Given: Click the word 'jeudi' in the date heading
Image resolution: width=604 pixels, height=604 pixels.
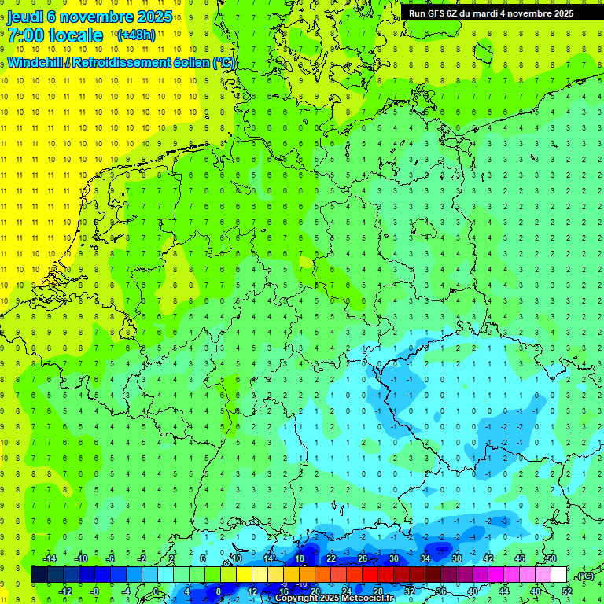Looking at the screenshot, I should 26,17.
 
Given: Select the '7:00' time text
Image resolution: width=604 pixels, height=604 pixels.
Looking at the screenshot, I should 26,35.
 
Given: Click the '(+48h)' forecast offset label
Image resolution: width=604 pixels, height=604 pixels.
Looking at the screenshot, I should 135,35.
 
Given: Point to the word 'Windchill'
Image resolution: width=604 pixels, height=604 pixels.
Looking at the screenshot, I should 37,63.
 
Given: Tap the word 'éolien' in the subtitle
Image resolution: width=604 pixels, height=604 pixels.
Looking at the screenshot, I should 193,63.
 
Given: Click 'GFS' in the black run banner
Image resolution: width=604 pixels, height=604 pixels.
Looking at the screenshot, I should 437,13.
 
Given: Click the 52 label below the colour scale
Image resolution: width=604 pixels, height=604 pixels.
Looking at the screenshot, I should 567,591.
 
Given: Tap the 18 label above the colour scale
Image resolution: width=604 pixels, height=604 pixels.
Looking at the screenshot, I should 300,558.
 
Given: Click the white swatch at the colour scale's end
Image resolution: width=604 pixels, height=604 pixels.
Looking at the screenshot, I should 559,575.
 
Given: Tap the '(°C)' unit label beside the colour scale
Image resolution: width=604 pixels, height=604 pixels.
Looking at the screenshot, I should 585,576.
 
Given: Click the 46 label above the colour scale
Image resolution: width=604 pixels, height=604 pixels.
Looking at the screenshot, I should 520,558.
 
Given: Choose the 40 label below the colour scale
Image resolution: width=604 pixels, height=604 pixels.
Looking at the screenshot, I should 473,591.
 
